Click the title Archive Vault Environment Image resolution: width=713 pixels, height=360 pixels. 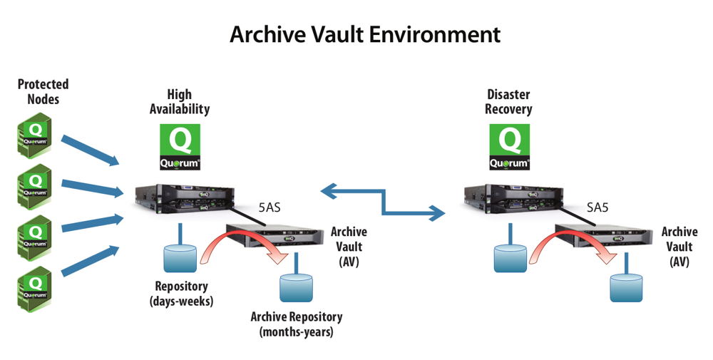364,34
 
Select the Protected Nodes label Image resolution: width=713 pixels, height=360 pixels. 43,91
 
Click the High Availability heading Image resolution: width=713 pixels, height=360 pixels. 179,101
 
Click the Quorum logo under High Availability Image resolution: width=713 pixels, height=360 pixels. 179,147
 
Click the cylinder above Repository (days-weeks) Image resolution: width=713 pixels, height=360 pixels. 180,258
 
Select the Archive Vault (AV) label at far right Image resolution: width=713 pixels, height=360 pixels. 679,246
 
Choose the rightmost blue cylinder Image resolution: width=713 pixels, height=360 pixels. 627,287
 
